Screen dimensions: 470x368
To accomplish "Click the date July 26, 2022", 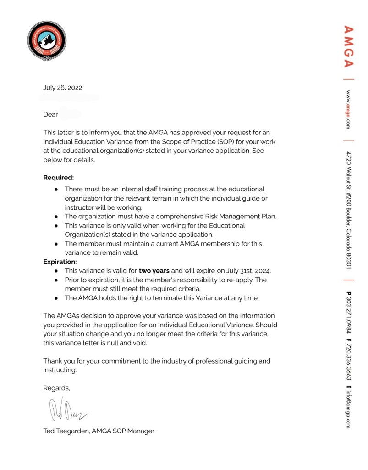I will tap(63, 88).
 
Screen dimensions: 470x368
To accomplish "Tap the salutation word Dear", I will tap(50, 114).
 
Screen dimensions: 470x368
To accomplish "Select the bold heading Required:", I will tap(58, 177).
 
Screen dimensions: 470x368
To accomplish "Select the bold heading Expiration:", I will tap(60, 262).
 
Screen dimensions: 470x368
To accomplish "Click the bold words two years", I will tap(154, 271).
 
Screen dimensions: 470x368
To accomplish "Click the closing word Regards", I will tap(56, 388).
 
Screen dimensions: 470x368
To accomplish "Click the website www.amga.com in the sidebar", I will tap(349, 109).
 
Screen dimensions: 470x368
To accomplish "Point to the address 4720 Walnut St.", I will tap(349, 174).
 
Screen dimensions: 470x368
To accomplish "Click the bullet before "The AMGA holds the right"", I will tap(56, 298).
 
